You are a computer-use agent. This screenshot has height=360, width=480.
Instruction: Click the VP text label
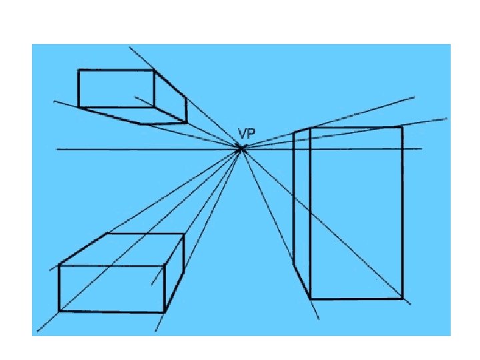tap(246, 133)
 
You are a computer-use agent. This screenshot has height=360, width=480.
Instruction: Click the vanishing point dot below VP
tap(241, 149)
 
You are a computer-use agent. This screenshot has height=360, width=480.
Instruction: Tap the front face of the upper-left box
tap(116, 88)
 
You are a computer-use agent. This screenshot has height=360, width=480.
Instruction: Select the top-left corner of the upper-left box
tap(79, 70)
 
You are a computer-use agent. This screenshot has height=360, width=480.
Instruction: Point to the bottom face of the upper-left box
tap(133, 115)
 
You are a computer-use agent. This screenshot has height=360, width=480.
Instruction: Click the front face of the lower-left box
tap(111, 288)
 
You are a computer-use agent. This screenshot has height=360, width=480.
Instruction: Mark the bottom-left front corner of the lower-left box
tap(59, 311)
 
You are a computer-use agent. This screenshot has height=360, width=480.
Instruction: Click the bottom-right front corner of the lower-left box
tap(164, 311)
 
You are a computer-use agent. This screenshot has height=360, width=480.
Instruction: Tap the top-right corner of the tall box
tap(402, 127)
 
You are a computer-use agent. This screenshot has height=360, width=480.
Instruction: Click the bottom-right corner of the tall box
tap(402, 298)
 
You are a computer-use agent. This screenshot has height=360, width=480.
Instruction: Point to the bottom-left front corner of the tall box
tap(311, 298)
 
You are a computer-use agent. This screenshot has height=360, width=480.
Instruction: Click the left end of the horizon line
tap(57, 149)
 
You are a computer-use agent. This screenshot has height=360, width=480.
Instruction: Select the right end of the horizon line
tap(421, 149)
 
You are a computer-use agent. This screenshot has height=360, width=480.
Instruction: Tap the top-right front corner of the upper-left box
tap(154, 70)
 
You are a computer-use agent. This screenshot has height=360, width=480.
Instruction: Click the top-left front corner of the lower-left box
tap(59, 265)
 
